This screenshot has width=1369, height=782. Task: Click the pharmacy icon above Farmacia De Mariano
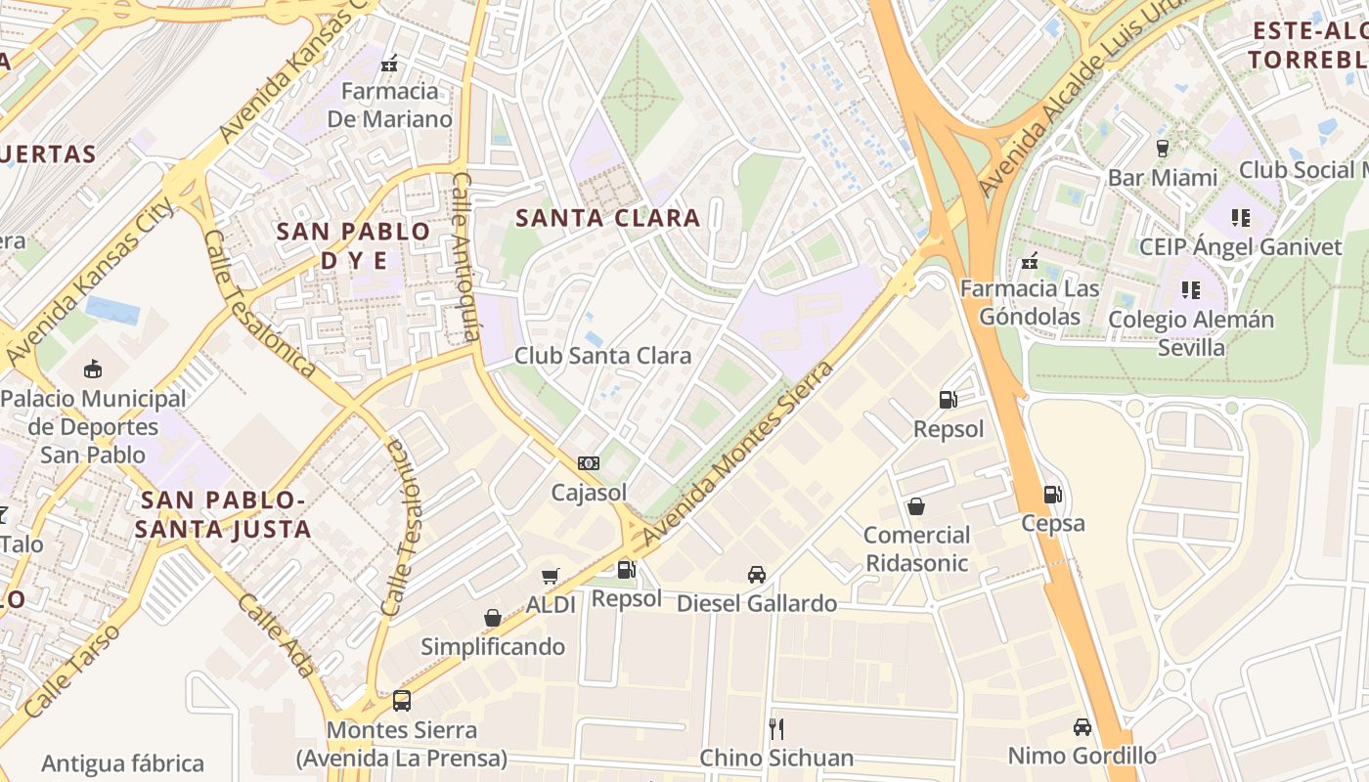pos(390,64)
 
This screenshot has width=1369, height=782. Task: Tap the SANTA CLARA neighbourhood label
pos(607,218)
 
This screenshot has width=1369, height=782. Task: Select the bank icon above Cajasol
pos(589,462)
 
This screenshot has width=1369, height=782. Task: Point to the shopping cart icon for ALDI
pos(551,576)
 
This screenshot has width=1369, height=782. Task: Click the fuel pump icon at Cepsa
pos(1052,494)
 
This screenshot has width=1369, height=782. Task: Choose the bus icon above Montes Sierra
pos(401,700)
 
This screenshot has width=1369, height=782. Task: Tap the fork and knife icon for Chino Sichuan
pos(776,728)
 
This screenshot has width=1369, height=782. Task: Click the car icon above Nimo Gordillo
pos(1082,726)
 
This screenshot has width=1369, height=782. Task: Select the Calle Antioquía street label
pos(465,258)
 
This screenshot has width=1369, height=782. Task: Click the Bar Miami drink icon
pos(1162,149)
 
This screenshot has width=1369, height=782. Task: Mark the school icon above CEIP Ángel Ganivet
pos(1240,217)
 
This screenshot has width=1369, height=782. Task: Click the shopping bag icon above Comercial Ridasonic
pos(916,505)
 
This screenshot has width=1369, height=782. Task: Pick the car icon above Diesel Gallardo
pos(756,574)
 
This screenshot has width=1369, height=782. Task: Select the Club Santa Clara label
pos(602,355)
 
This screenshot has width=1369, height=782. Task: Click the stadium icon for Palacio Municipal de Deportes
pos(93,369)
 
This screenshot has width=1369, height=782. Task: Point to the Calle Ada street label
pos(277,635)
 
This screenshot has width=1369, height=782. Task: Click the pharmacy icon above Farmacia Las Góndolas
pos(1029,260)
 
